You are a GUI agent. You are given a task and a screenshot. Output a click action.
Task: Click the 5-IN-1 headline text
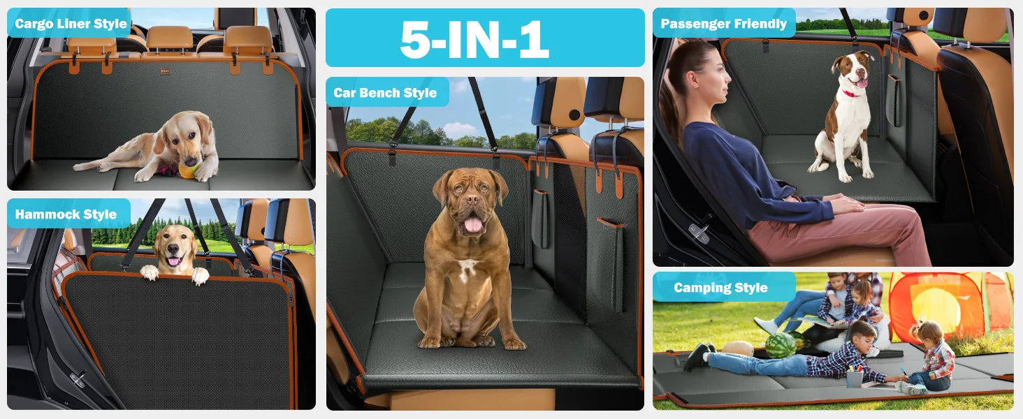pyautogui.click(x=474, y=39)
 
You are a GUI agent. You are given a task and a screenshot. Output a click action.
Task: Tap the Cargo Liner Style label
pyautogui.click(x=71, y=24)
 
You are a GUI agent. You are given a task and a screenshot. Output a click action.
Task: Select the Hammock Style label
pyautogui.click(x=66, y=214)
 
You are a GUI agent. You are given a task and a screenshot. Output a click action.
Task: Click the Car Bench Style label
pyautogui.click(x=385, y=93)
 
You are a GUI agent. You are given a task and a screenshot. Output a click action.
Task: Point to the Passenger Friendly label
pyautogui.click(x=723, y=24)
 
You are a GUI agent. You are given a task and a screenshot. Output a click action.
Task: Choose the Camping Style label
pyautogui.click(x=720, y=288)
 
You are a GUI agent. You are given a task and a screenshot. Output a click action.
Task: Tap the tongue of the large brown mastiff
pyautogui.click(x=472, y=225)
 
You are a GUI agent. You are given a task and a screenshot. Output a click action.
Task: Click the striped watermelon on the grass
pyautogui.click(x=781, y=345)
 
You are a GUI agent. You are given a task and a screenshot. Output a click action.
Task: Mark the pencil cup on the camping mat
pyautogui.click(x=854, y=378)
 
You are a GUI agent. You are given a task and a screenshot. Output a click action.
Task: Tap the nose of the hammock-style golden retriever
pyautogui.click(x=173, y=249)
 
